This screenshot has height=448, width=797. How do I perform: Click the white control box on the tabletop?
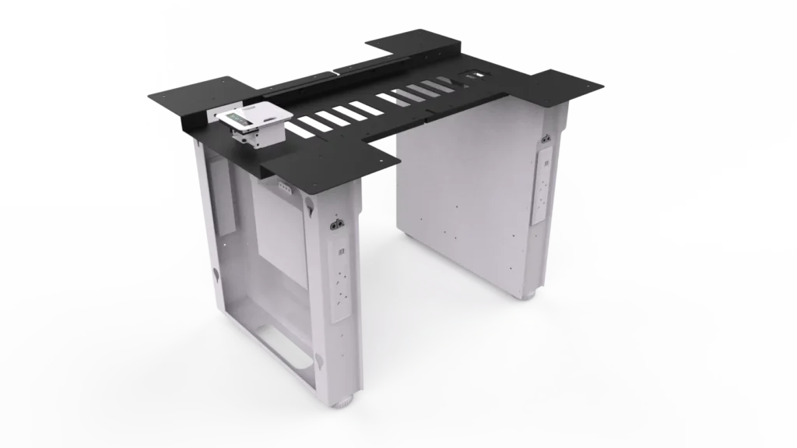tap(254, 125)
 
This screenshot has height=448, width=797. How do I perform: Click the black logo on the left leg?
tap(339, 228)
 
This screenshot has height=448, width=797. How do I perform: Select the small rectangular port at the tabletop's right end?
tap(473, 76)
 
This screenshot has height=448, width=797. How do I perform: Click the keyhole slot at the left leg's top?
tap(311, 206)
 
